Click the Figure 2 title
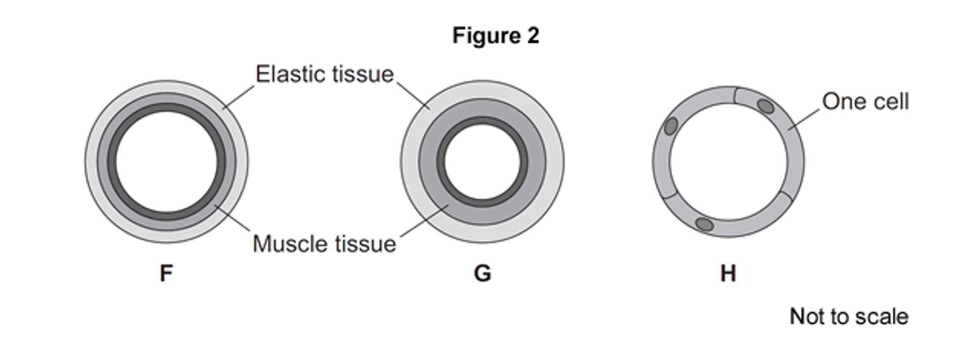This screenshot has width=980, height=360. pos(495,35)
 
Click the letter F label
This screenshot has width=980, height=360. pos(166,273)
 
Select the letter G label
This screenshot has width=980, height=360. pos(482,273)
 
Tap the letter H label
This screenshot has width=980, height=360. pos(728,273)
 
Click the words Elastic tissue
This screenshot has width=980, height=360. pos(325,74)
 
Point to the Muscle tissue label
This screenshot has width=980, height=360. pos(324,244)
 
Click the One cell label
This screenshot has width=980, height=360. pos(865,102)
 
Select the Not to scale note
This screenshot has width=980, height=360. pos(849,317)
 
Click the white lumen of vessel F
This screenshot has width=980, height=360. pos(167,162)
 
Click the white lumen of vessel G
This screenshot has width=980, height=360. pos(482,162)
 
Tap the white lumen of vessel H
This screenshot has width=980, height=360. pos(728,162)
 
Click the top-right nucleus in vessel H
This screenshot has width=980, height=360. pos(765,106)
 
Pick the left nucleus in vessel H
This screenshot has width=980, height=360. pos(670,126)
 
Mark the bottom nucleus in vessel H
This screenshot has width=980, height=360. pos(704,224)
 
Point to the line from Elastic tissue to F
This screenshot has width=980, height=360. pos(239,97)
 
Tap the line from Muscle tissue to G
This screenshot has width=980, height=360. pos(424,221)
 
